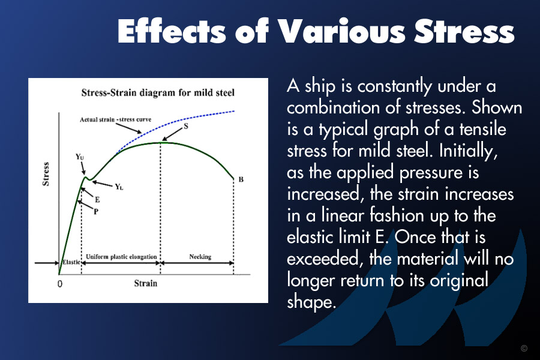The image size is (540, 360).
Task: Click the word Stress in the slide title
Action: (464, 31)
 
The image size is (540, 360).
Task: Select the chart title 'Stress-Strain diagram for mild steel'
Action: (158, 92)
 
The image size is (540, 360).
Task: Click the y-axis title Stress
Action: (46, 174)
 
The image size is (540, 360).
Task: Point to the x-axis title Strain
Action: (145, 283)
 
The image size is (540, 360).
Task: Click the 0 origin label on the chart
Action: (60, 284)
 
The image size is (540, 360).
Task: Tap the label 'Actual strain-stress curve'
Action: (115, 119)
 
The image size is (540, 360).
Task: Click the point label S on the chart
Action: (186, 126)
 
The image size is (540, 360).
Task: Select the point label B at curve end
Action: (241, 179)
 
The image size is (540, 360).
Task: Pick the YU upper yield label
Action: (80, 157)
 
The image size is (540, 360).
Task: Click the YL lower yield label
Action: (119, 187)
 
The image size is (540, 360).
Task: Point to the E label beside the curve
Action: (97, 199)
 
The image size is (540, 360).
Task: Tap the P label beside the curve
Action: (96, 212)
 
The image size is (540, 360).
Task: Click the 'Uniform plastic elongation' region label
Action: (121, 257)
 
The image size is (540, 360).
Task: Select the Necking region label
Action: (200, 257)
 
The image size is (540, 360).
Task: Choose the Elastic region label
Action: (71, 262)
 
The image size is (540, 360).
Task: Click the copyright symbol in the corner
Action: (524, 348)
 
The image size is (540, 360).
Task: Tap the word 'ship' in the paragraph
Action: (320, 86)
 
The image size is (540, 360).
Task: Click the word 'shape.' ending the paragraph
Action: (311, 302)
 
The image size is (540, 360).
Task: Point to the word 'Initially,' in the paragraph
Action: (469, 151)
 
